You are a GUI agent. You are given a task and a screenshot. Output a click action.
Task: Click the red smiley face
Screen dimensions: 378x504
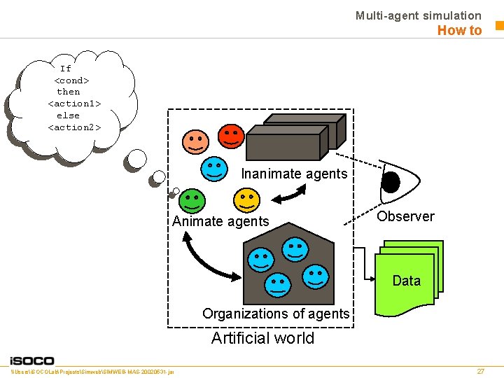click(x=230, y=136)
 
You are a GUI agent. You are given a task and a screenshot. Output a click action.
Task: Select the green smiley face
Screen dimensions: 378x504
click(x=191, y=201)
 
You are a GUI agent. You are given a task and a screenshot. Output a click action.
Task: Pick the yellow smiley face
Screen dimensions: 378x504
click(x=246, y=199)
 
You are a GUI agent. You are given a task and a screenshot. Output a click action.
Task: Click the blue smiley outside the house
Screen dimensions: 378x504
click(x=214, y=169)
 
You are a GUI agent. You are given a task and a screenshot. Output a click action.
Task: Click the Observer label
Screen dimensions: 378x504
click(x=405, y=216)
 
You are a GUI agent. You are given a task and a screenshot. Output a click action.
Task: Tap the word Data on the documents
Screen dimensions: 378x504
click(x=406, y=281)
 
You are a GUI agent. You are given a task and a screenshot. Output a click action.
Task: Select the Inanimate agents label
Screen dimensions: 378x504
click(x=294, y=174)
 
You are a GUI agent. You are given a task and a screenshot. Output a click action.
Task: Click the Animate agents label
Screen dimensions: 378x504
click(x=220, y=221)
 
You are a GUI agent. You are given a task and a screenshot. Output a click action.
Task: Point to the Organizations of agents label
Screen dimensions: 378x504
click(x=275, y=314)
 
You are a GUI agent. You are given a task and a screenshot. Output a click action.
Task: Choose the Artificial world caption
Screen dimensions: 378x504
click(x=262, y=338)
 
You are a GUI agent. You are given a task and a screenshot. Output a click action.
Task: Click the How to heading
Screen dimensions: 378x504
click(x=459, y=30)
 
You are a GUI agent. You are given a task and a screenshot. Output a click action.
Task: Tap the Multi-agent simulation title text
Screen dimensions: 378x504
click(x=418, y=15)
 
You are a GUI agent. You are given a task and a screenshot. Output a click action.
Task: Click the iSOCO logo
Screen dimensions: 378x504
click(x=32, y=360)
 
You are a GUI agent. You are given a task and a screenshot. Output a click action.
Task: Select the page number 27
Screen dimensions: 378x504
click(x=480, y=371)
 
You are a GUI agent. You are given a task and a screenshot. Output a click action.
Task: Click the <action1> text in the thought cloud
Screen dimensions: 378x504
click(x=74, y=104)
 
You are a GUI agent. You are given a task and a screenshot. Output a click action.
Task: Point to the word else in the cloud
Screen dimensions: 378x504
click(x=68, y=115)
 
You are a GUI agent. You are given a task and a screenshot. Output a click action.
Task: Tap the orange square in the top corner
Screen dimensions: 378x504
click(x=499, y=26)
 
